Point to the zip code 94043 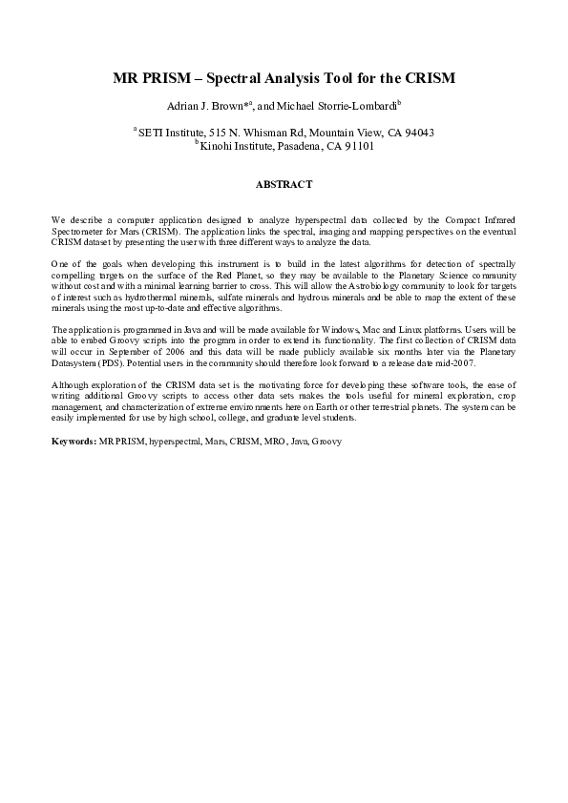(x=418, y=133)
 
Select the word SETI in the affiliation (x=151, y=133)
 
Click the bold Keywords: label (x=73, y=443)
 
